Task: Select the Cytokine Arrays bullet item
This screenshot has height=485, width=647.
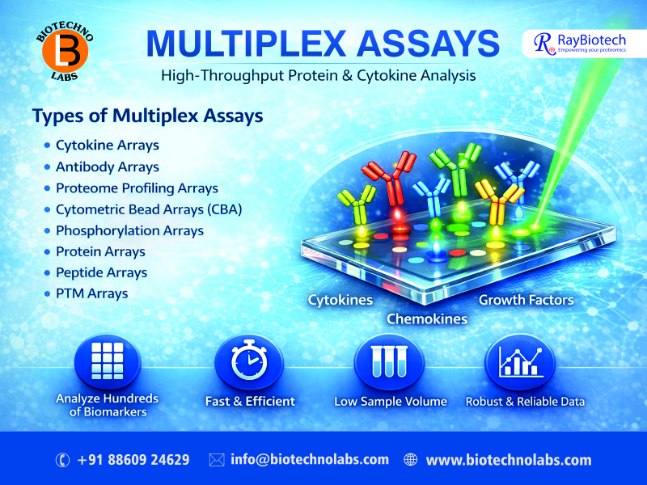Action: tap(107, 145)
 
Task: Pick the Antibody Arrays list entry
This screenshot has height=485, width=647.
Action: tap(107, 167)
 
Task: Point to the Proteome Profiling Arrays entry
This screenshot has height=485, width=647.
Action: tap(137, 188)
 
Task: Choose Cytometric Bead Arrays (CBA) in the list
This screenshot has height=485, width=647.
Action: tap(149, 209)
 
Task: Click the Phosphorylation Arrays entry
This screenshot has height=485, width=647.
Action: tap(129, 230)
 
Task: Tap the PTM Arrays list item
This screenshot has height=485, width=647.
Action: tap(91, 293)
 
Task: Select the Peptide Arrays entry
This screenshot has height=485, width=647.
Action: tap(101, 272)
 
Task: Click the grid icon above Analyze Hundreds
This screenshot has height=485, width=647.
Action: tap(107, 361)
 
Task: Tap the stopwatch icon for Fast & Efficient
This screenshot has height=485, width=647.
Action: tap(249, 361)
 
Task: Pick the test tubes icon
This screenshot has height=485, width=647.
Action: tap(390, 361)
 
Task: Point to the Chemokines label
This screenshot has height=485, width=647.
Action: tap(427, 318)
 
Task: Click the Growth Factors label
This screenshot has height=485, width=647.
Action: tap(526, 300)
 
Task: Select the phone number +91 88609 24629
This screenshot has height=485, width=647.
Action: tap(133, 460)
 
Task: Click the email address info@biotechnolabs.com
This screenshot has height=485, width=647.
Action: tap(310, 460)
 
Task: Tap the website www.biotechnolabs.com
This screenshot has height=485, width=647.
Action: tap(509, 460)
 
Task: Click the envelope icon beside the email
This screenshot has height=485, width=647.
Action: tap(217, 460)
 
